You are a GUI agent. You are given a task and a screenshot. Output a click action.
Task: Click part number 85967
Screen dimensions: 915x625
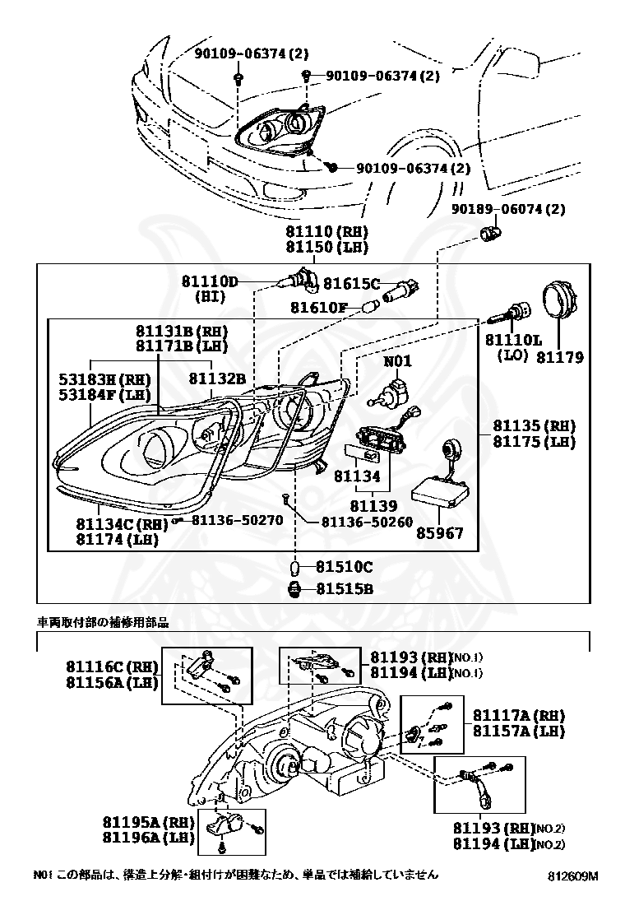tap(438, 534)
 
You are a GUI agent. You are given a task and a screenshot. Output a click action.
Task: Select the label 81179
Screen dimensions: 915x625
tap(560, 357)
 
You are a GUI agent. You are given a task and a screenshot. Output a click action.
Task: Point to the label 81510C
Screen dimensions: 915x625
tap(345, 567)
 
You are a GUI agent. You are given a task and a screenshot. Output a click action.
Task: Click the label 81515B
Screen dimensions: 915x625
tap(345, 589)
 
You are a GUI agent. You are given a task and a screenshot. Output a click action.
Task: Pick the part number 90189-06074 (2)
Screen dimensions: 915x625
tap(508, 209)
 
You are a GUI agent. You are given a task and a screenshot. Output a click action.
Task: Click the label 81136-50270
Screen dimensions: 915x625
tap(237, 520)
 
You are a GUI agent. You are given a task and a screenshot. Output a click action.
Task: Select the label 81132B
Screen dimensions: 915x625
tap(217, 379)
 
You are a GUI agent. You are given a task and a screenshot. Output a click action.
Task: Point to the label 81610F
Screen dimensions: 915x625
tap(319, 308)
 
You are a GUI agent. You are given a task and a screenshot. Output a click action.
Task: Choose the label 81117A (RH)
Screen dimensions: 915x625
tap(518, 714)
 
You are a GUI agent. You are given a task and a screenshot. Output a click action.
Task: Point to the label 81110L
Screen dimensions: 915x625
tap(513, 340)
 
